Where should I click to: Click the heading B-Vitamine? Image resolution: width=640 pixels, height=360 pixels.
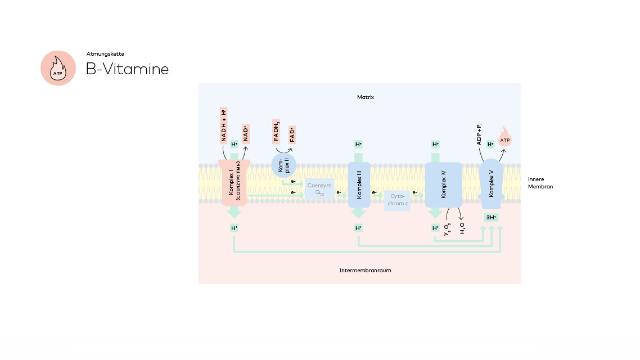[x=127, y=69]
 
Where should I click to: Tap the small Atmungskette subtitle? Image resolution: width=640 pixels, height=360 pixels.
[x=105, y=54]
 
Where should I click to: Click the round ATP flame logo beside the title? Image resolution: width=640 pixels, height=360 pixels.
[x=58, y=68]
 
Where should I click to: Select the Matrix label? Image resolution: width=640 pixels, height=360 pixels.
[x=366, y=97]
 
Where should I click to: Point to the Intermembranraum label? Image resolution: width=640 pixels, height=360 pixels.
[x=366, y=271]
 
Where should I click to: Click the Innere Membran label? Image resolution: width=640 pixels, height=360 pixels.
[x=540, y=183]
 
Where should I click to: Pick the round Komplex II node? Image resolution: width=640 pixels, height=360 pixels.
[x=283, y=165]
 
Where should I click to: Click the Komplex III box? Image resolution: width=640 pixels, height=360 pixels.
[x=359, y=185]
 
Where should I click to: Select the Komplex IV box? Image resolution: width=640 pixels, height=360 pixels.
[x=443, y=185]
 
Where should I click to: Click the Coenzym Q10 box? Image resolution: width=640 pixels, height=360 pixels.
[x=319, y=188]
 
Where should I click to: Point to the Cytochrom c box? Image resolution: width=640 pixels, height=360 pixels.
[x=398, y=200]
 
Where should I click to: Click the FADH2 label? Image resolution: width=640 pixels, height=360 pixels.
[x=277, y=130]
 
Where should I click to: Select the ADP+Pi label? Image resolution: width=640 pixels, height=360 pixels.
[x=480, y=133]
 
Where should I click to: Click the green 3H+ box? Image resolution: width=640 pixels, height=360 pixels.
[x=492, y=217]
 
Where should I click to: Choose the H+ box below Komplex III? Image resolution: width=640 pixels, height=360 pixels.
[x=358, y=228]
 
